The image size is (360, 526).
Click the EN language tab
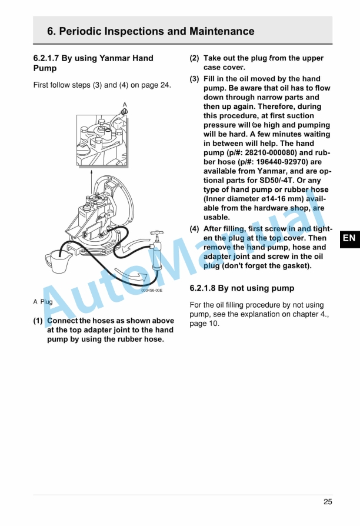click(349, 238)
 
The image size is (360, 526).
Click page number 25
click(328, 502)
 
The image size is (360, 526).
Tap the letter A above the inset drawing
click(125, 105)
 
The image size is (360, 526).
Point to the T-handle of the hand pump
click(156, 234)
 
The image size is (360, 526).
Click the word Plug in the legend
click(46, 302)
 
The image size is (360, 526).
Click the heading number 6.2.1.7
click(49, 58)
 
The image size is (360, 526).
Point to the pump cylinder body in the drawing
click(156, 256)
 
